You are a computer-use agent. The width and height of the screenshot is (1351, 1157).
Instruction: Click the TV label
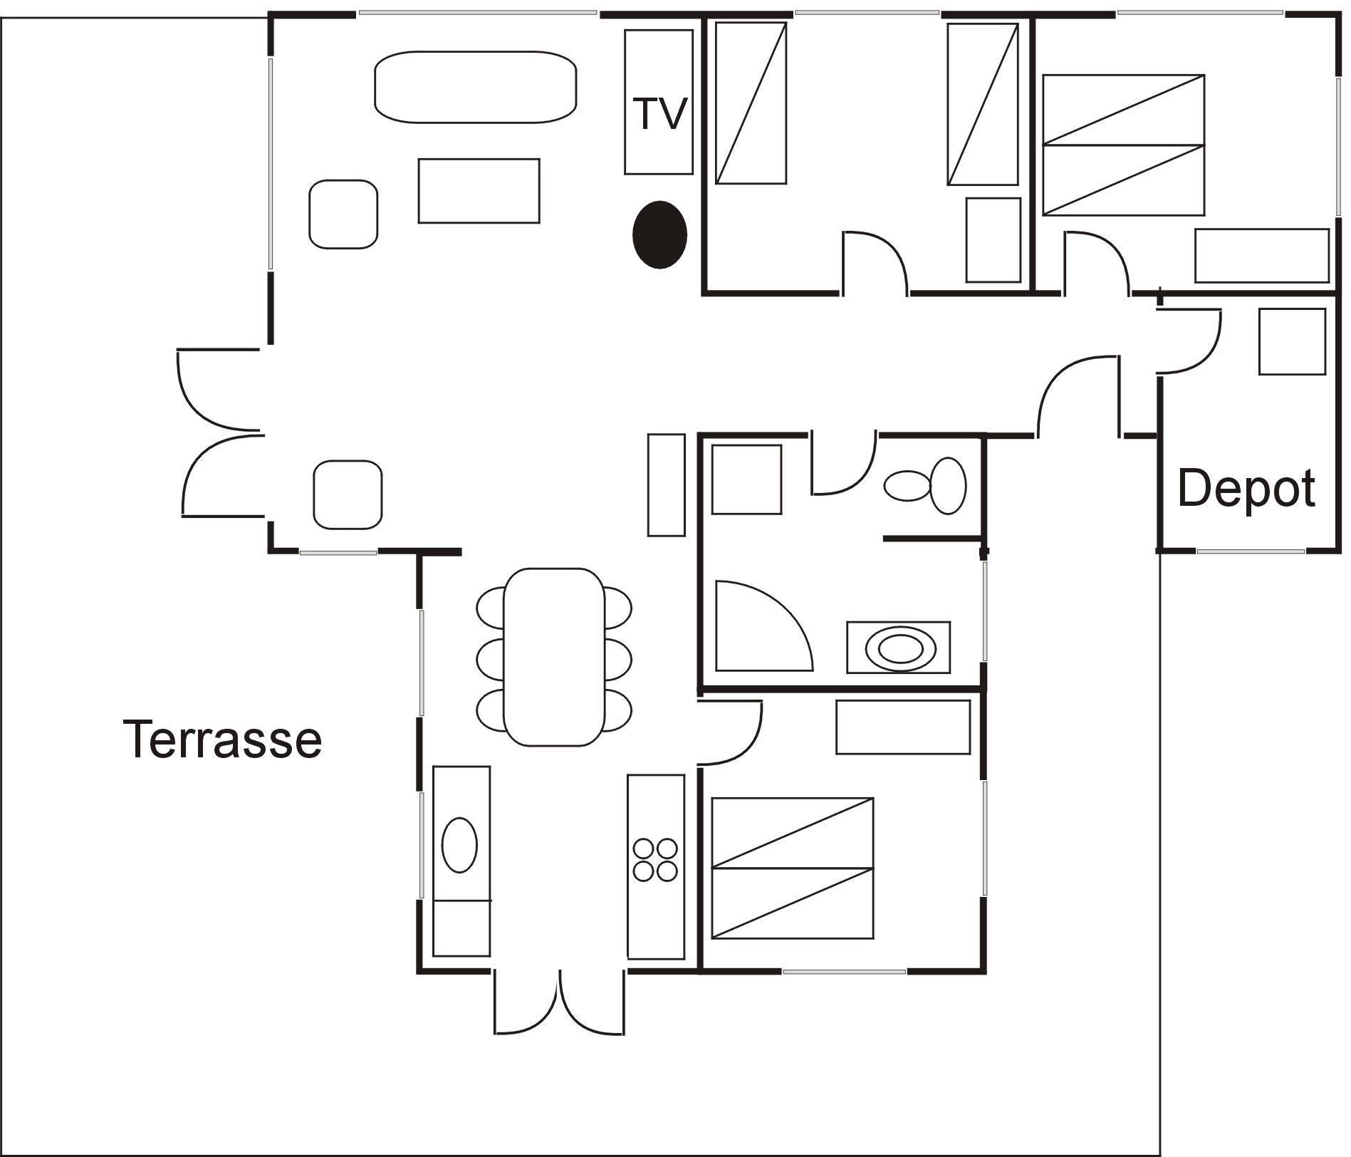coord(659,113)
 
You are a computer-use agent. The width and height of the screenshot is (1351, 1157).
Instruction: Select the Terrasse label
coord(223,739)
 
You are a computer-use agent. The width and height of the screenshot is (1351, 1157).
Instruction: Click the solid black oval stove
coord(659,234)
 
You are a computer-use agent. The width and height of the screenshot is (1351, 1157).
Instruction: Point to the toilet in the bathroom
coord(924,485)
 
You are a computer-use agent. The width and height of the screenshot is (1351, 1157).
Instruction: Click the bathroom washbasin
coord(898,648)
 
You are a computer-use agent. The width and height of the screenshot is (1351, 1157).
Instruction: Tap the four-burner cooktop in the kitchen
coord(655,860)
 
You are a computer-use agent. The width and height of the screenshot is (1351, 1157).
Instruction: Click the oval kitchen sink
coord(459,844)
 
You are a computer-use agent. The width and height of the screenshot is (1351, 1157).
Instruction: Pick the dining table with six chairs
coord(554,657)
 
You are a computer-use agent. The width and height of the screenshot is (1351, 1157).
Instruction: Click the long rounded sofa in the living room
coord(475,87)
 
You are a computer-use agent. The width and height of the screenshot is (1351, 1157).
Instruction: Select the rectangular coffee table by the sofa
coord(479,191)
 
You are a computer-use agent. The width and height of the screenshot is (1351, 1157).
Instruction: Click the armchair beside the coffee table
coord(343,214)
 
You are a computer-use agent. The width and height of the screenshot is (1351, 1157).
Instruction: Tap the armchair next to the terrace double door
coord(348,494)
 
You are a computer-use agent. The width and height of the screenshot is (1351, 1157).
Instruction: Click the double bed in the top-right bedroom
coord(1123,145)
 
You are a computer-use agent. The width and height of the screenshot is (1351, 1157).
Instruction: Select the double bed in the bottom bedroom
coord(793,868)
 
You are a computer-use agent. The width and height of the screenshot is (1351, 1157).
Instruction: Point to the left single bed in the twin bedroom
coord(751,103)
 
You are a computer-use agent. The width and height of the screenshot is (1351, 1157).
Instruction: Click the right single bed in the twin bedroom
coord(982,104)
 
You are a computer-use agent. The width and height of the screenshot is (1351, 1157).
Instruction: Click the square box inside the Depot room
coord(1292,341)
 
